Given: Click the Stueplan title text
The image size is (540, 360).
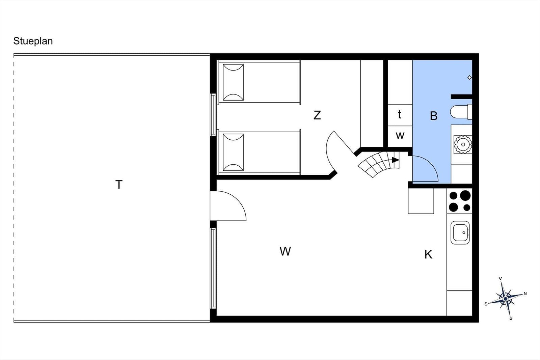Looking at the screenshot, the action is coord(33,41).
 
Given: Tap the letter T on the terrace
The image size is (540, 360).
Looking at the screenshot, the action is coord(119,185).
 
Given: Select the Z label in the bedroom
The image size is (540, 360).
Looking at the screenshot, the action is coord(317,115).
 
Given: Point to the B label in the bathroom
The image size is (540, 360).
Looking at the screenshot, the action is coord(434,116).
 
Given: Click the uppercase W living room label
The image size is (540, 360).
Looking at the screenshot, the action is coord(285,251).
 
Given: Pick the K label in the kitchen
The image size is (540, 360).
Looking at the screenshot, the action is coord(428,254).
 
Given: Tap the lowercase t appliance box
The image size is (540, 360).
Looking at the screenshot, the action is coord(400,115).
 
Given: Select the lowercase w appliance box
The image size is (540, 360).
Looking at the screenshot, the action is coord(400,136).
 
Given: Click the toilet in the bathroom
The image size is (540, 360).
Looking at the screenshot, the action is coord(461,112).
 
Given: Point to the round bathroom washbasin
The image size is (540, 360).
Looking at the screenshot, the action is coord(463,144).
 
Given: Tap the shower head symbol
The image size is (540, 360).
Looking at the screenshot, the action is coord(469,78).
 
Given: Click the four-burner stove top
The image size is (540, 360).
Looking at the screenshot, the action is coord(459,201).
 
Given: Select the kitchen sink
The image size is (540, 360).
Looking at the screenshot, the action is coord(460,232).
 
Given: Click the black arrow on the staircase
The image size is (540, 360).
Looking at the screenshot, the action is coord(395,160).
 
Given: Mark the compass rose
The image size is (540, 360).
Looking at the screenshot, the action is coord(506,299).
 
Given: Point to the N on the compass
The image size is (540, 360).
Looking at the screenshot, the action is coord(525,294).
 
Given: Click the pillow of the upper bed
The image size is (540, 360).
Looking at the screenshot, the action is coord(233,82).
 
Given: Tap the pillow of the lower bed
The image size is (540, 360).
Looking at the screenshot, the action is coord(233,152).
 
